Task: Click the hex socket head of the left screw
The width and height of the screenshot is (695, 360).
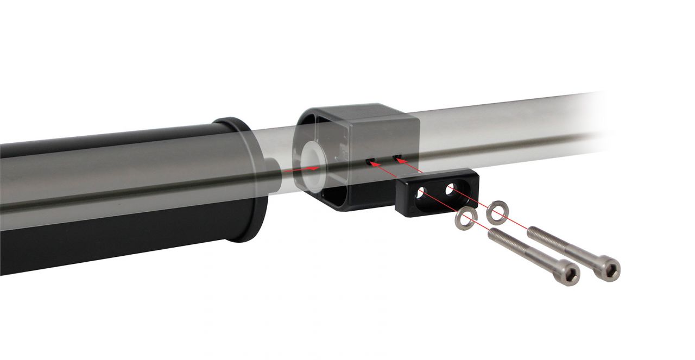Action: pos(568,274)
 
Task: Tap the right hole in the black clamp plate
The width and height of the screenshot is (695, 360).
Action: pos(450,190)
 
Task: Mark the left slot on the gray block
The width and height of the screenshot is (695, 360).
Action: pos(370,162)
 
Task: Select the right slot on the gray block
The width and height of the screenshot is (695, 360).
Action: pos(397,158)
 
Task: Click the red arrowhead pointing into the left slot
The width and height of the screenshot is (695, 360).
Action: pos(374,163)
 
